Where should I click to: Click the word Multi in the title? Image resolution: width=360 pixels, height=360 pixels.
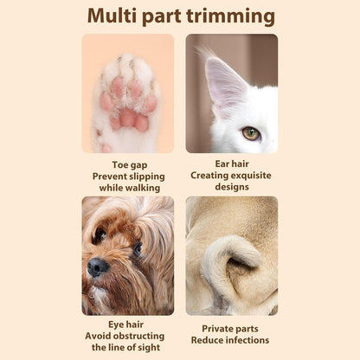click(x=112, y=16)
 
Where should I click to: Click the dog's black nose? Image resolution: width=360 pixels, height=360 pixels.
click(x=98, y=267)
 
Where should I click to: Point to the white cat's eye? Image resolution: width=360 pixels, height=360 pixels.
click(x=251, y=133)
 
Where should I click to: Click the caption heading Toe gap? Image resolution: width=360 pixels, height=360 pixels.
click(x=130, y=165)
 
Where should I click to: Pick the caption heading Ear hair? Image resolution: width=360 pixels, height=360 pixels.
click(x=232, y=164)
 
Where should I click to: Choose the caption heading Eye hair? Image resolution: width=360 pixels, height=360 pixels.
click(x=125, y=325)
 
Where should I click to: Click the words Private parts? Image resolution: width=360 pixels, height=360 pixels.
click(x=230, y=329)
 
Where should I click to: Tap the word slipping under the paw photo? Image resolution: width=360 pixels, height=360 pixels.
click(x=147, y=177)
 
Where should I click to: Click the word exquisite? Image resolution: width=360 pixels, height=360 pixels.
click(x=251, y=176)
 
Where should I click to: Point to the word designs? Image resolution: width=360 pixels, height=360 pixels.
click(x=232, y=187)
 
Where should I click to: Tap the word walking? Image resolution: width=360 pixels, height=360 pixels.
click(x=143, y=188)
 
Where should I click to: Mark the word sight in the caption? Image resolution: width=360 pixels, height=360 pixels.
click(x=148, y=348)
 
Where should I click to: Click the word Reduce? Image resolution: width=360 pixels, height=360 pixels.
click(x=207, y=340)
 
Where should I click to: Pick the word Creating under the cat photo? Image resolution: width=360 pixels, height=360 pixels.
click(x=209, y=176)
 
